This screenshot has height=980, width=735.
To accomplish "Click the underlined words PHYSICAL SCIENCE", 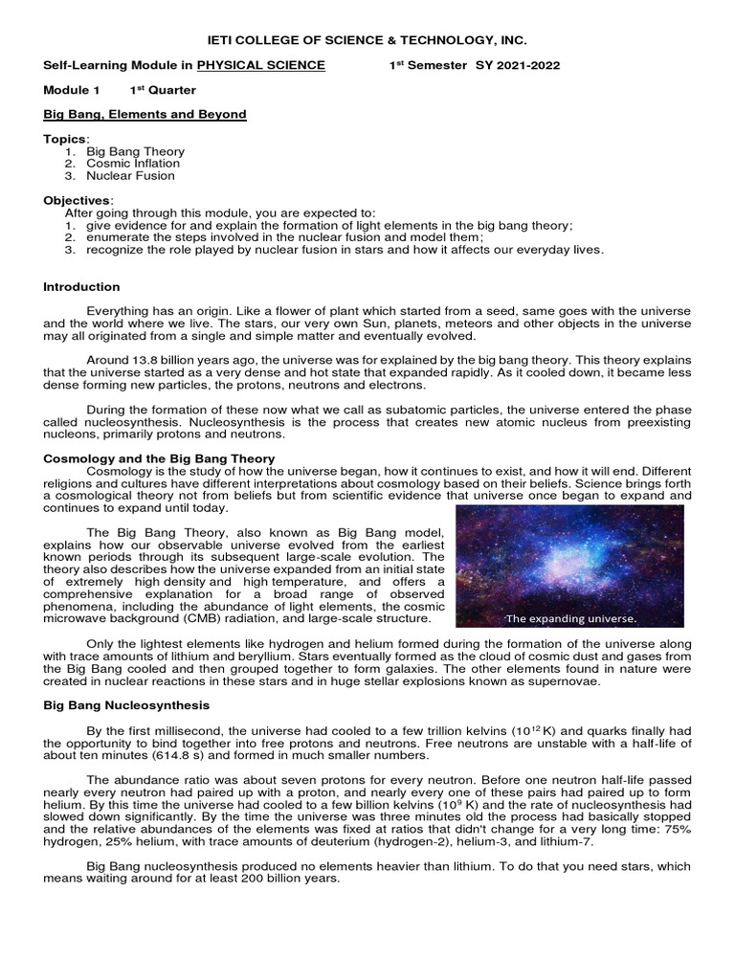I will pos(261,65).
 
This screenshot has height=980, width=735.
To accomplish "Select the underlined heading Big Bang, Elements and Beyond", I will pos(145,114).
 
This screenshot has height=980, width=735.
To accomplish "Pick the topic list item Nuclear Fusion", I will pos(130,176).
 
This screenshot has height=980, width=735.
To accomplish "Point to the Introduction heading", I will pos(82,286).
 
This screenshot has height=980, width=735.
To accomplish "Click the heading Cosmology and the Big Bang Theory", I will pos(160,458).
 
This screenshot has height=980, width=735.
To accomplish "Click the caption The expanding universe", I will pos(569,618).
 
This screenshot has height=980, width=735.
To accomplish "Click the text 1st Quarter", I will pos(163,90).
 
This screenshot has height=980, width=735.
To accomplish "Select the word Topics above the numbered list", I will pos(65,139).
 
